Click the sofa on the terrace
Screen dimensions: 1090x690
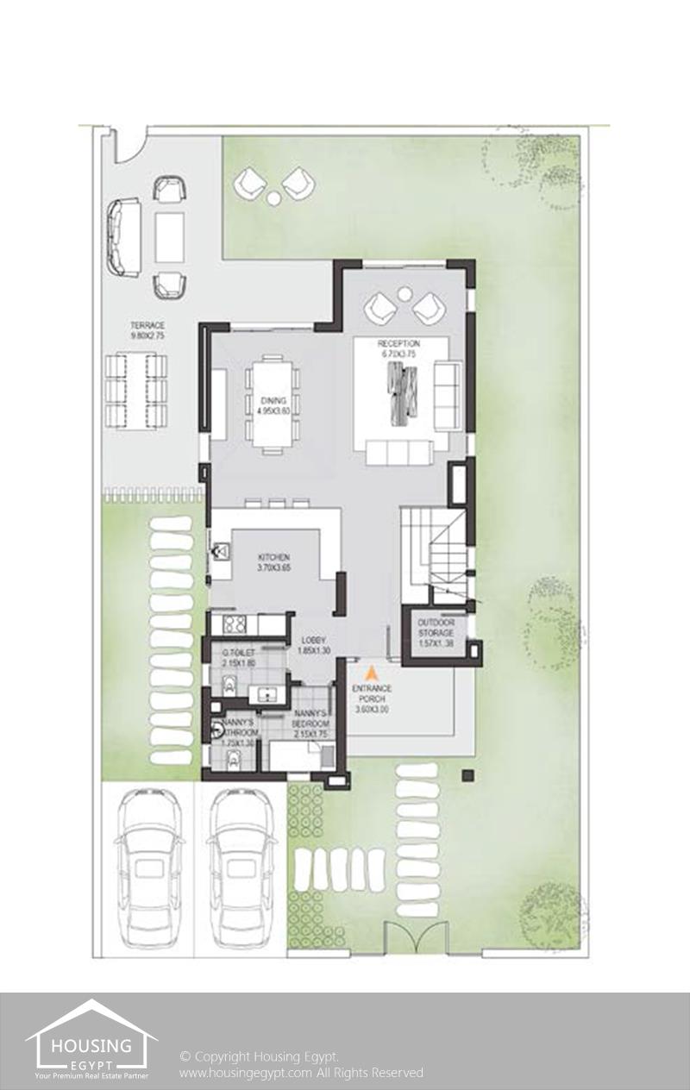(123, 237)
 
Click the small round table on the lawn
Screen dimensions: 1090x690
(273, 198)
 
